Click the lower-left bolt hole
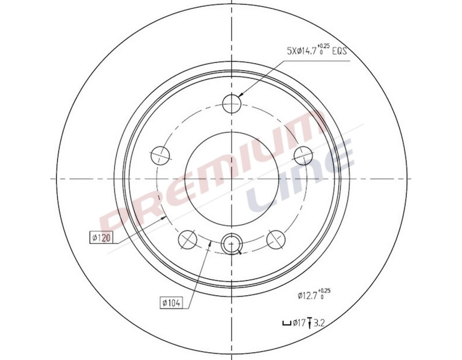click(x=187, y=239)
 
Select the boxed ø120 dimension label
click(x=101, y=237)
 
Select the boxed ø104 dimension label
click(x=171, y=304)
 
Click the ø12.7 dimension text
click(x=310, y=295)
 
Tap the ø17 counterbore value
click(x=299, y=323)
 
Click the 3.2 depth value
click(x=319, y=323)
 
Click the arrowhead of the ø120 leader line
click(x=166, y=217)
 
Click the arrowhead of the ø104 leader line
click(x=209, y=245)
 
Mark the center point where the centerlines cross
click(x=232, y=178)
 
